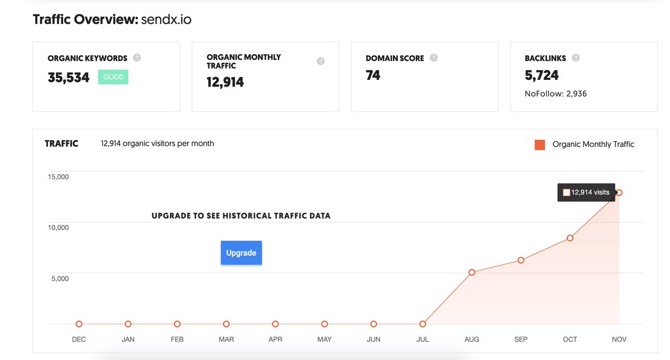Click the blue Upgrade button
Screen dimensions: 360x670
coord(241,253)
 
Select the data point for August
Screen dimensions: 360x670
coord(472,272)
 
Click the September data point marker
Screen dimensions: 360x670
coord(521,260)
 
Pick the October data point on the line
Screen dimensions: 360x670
coord(570,238)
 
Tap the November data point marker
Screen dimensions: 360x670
coord(619,193)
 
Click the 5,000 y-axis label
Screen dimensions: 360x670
coord(60,279)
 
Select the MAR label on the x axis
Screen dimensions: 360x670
coord(226,339)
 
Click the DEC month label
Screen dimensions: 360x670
coord(79,339)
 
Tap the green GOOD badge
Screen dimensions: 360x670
coord(113,77)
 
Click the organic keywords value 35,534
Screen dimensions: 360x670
coord(69,78)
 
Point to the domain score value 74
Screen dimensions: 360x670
coord(373,75)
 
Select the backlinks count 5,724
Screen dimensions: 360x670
coord(542,75)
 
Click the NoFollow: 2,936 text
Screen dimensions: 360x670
coord(556,94)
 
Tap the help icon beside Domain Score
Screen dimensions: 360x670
coord(434,57)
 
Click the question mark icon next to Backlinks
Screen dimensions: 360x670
coord(576,57)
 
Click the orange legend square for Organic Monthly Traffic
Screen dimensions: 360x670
coord(540,145)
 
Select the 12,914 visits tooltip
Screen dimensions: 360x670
coord(586,193)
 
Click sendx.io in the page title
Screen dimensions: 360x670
coord(166,20)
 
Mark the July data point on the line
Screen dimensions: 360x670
coord(423,324)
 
